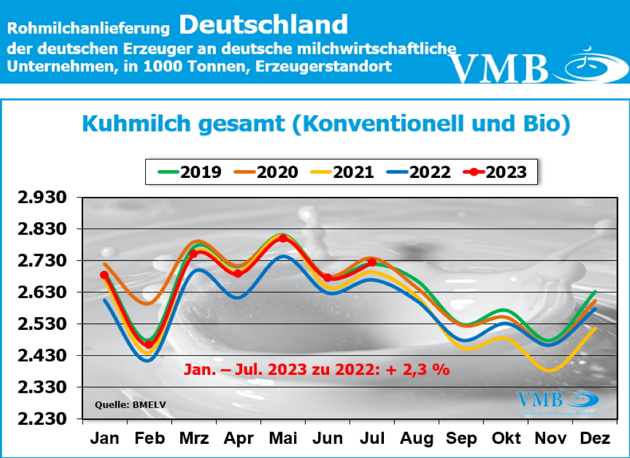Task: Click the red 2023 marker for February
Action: (x=148, y=345)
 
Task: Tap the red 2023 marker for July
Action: (x=372, y=262)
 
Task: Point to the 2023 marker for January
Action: (x=105, y=275)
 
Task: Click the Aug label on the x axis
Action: (x=417, y=439)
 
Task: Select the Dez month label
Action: (x=594, y=439)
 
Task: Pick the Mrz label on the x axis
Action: (x=193, y=439)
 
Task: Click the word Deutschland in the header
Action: (x=264, y=25)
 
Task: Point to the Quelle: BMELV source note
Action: (x=122, y=404)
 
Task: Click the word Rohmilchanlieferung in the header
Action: (x=88, y=28)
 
